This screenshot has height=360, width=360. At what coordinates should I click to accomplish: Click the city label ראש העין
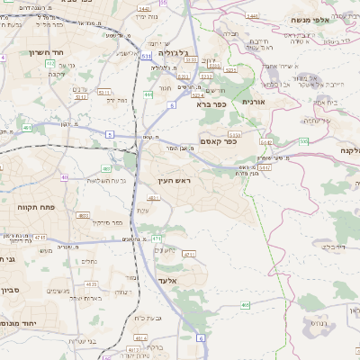[176, 181]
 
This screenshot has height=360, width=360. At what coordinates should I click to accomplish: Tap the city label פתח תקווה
[36, 206]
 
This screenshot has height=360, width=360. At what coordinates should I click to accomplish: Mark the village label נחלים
[89, 262]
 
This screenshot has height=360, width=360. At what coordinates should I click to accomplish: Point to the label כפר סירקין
[106, 221]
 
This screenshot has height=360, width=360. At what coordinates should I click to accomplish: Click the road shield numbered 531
[146, 57]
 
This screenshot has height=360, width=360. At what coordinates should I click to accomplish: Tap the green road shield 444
[148, 94]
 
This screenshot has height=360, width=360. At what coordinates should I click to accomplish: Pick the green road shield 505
[304, 141]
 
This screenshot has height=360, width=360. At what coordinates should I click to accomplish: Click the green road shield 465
[246, 305]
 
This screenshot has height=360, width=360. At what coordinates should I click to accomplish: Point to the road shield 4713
[156, 238]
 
